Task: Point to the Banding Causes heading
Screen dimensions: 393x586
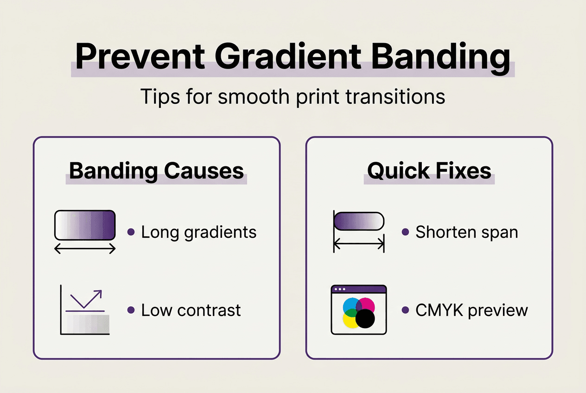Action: tap(156, 171)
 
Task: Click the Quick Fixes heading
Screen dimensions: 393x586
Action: tap(429, 171)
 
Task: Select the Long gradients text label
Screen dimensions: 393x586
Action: tap(198, 232)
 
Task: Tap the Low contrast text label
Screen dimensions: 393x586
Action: tap(191, 310)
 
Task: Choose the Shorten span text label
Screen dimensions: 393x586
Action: tap(466, 232)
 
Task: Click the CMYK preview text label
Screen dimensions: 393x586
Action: tap(471, 310)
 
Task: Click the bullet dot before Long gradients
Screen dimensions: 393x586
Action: tap(131, 232)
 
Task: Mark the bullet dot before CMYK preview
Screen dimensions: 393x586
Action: tap(406, 310)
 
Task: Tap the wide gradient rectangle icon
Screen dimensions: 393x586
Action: tap(85, 225)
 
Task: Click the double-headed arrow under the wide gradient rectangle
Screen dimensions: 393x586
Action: tap(85, 249)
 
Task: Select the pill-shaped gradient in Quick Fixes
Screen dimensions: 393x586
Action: tap(359, 221)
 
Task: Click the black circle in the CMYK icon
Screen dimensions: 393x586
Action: tap(365, 319)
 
